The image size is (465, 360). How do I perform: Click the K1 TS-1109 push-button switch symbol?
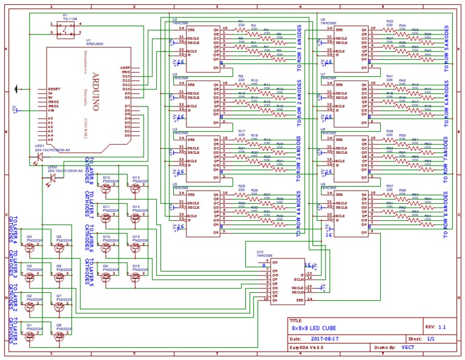click(x=65, y=31)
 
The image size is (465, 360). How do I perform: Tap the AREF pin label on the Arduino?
click(x=125, y=67)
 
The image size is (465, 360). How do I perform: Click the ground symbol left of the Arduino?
click(x=16, y=90)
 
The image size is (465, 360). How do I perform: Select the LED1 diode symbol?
click(x=40, y=158)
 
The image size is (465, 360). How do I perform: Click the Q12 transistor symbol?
click(x=107, y=188)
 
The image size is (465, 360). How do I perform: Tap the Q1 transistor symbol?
click(x=29, y=335)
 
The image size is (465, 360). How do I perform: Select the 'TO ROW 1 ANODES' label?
click(x=298, y=48)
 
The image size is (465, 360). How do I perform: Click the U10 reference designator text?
click(x=260, y=251)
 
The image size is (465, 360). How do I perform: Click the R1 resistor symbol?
click(x=242, y=28)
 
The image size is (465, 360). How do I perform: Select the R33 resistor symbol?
click(x=389, y=28)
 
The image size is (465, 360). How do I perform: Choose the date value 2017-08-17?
click(x=325, y=339)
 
